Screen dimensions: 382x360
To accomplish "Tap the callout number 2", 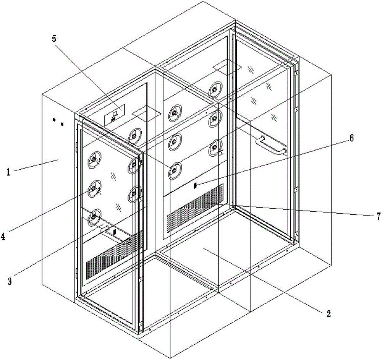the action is [x=329, y=314].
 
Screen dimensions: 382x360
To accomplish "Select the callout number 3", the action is [x=10, y=281].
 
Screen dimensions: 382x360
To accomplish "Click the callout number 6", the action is [x=351, y=138].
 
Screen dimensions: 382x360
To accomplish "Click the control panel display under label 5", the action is [x=115, y=115].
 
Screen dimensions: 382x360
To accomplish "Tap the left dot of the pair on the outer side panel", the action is [x=54, y=120].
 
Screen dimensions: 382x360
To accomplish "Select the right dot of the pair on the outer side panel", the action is [x=62, y=124].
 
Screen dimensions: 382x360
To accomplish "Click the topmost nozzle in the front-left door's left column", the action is [x=94, y=160].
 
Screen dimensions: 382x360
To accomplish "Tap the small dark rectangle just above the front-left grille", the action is [x=114, y=231].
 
